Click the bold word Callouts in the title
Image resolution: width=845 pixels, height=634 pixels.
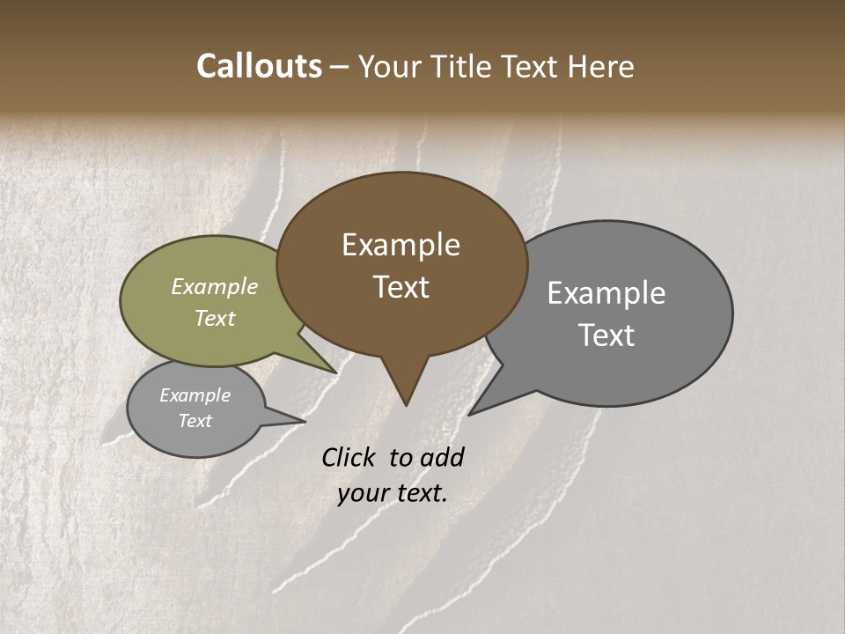click(x=259, y=66)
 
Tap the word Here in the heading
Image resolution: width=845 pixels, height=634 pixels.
click(x=601, y=66)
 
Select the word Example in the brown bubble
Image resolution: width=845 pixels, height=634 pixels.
click(x=400, y=245)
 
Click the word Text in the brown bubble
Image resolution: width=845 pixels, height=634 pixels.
click(x=401, y=287)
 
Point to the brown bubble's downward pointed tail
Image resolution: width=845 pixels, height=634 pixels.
click(x=406, y=387)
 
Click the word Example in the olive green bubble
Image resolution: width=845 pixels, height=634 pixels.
click(x=215, y=286)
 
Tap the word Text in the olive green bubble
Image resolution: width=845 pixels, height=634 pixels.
click(x=215, y=318)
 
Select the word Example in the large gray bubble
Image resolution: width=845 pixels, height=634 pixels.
click(x=606, y=293)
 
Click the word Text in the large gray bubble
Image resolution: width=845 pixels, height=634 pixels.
click(x=606, y=335)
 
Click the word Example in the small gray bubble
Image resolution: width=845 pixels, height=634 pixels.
click(x=195, y=395)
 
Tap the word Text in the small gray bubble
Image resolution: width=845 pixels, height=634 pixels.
click(x=195, y=421)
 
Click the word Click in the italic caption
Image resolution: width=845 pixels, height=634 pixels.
click(x=349, y=457)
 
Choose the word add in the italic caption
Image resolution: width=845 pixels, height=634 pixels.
click(x=442, y=457)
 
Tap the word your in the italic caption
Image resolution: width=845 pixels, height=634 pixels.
click(x=363, y=493)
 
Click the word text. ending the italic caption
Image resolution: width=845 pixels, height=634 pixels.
click(x=420, y=493)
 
